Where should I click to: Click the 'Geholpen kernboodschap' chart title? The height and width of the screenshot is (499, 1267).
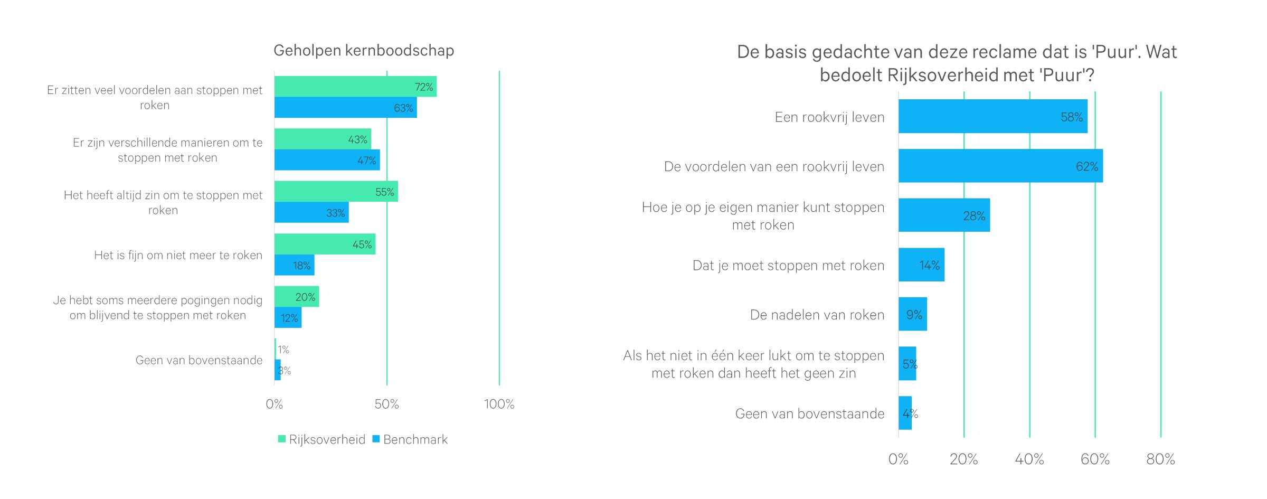364,51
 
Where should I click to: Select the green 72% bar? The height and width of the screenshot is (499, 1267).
355,87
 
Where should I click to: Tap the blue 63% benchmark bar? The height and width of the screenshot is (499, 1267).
345,108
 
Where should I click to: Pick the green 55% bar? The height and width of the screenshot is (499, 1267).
336,192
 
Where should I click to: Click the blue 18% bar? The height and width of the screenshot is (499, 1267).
294,265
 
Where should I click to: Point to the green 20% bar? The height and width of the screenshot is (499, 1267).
296,297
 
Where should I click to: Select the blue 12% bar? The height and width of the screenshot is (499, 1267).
288,318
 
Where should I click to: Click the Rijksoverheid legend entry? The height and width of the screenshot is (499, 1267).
322,439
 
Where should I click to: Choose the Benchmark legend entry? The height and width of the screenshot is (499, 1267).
410,439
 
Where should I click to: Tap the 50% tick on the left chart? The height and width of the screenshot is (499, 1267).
386,404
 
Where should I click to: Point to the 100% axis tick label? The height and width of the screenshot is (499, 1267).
499,404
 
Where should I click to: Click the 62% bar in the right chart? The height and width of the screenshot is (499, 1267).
1000,166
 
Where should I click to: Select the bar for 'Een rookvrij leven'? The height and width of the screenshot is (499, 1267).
992,117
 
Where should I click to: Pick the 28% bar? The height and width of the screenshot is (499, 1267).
944,215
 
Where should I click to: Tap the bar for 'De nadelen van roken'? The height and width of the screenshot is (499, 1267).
913,314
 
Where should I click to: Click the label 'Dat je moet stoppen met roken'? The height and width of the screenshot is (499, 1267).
788,266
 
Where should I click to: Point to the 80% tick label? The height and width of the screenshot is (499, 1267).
1160,459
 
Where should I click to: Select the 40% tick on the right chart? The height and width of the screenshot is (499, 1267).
1029,459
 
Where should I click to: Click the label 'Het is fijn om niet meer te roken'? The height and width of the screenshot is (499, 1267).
178,256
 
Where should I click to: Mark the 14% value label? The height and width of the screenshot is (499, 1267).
929,265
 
